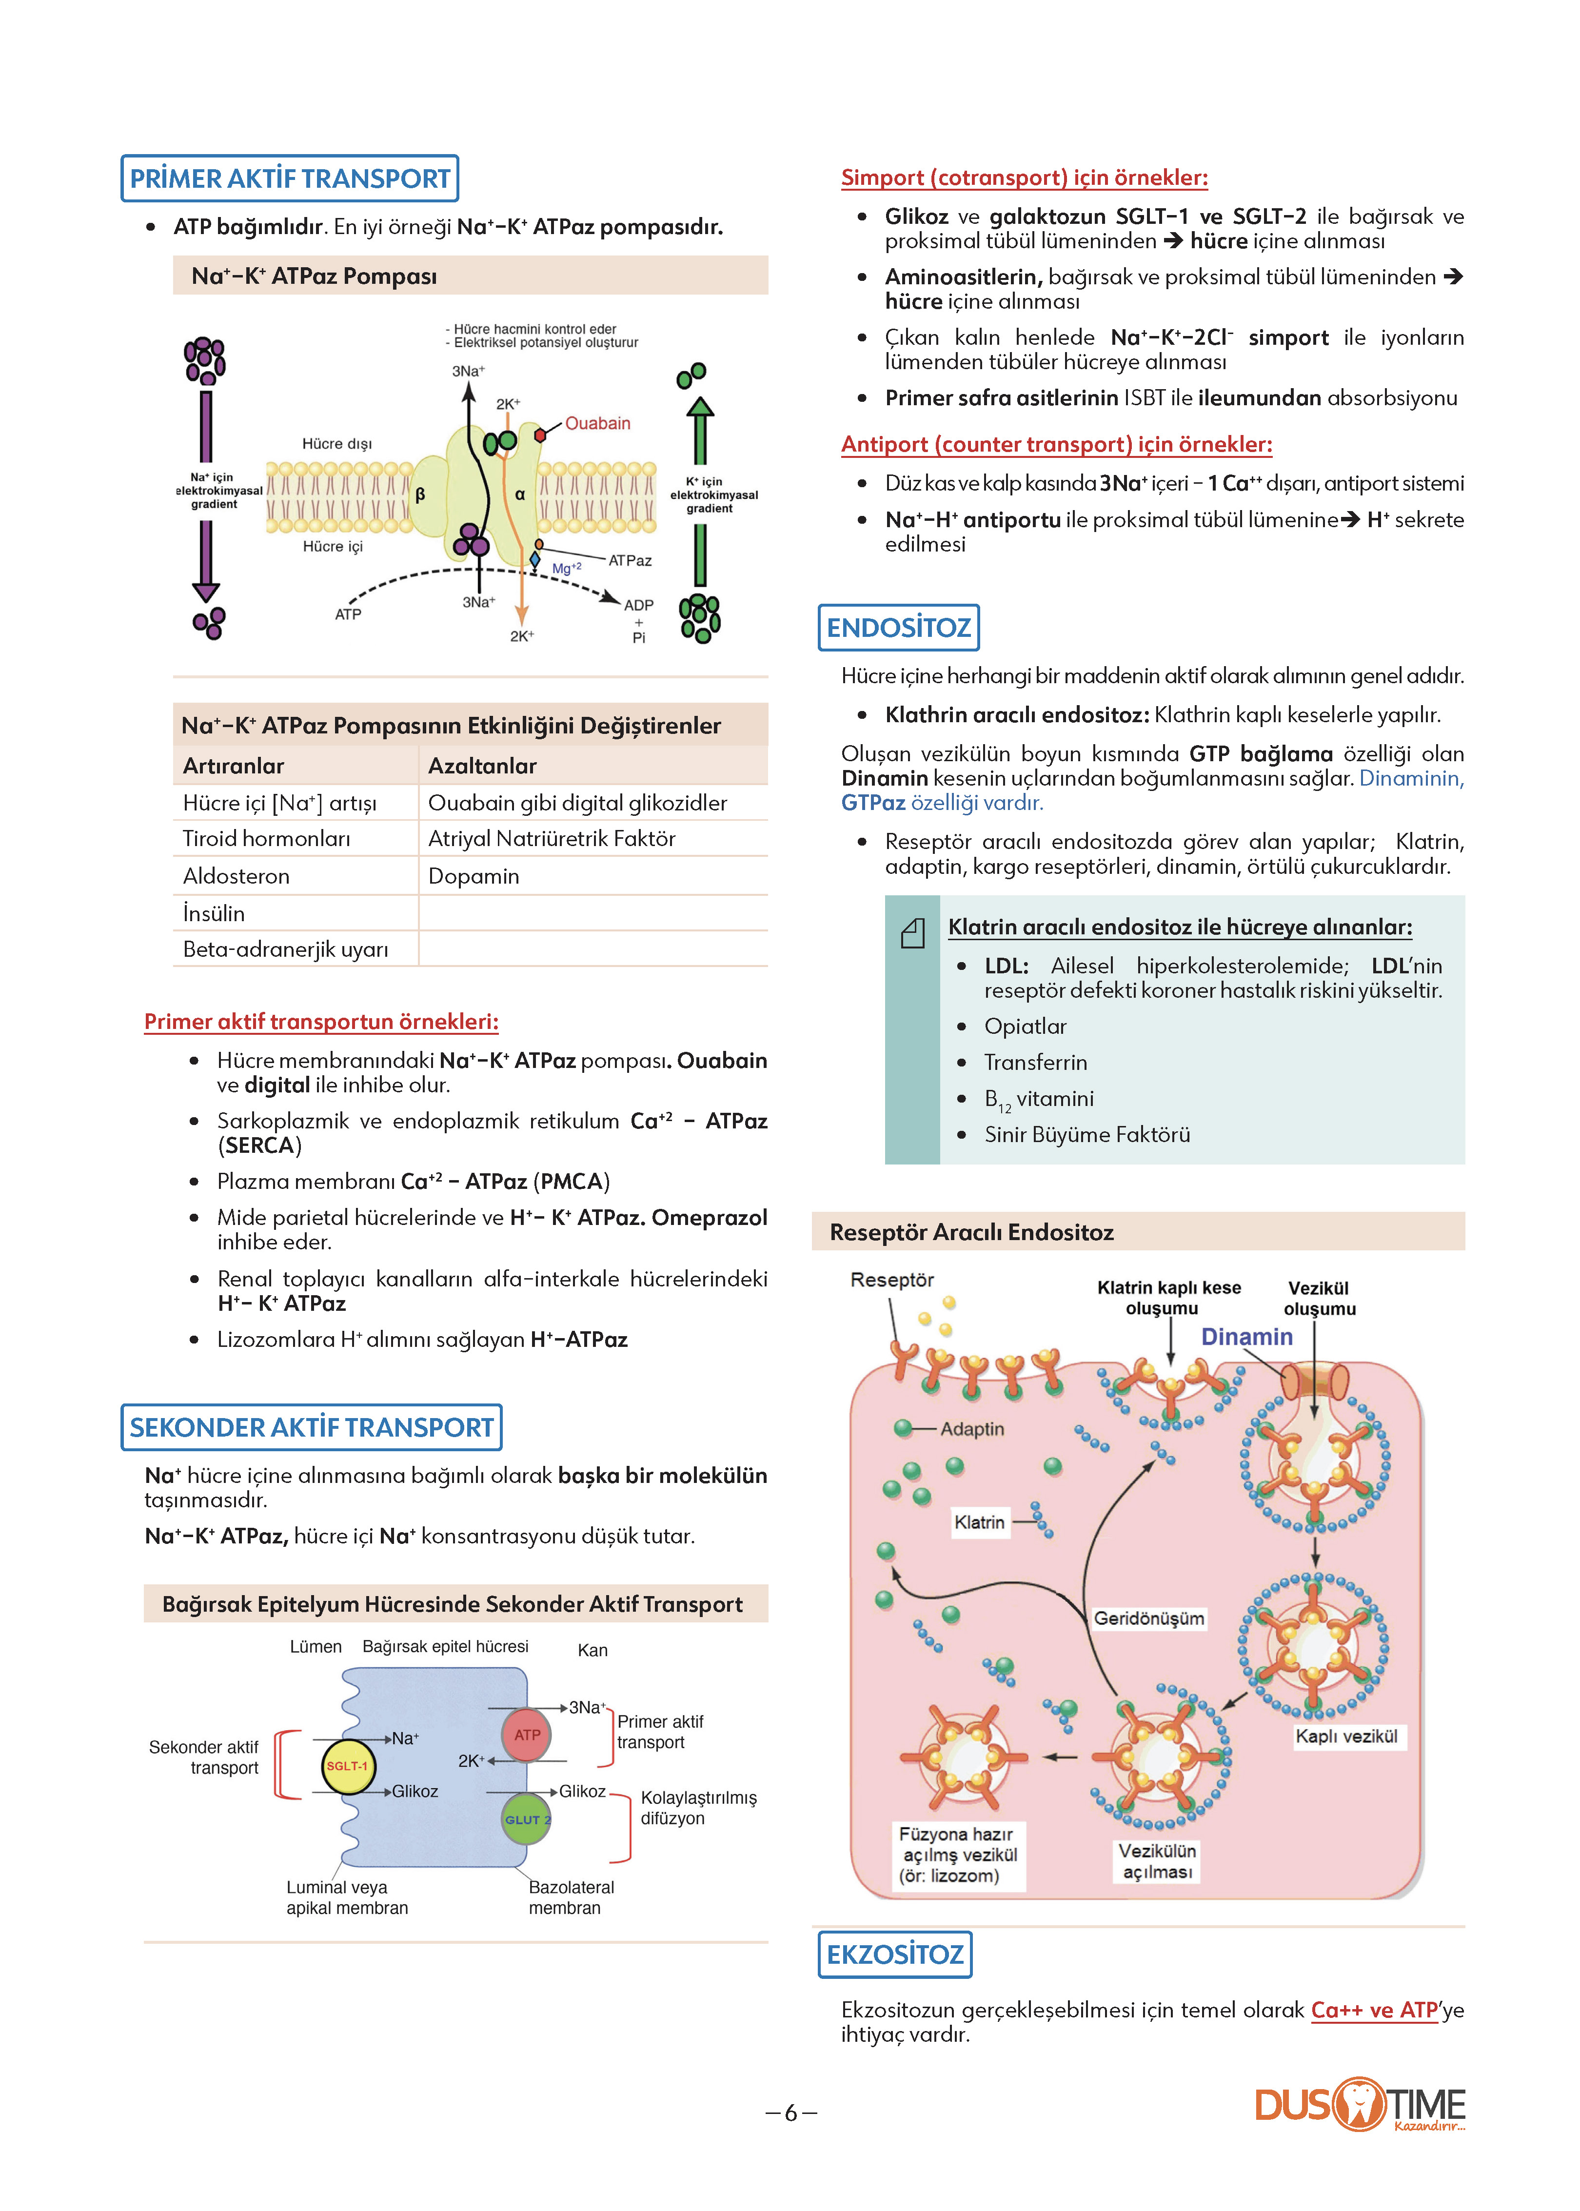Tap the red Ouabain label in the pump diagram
[x=597, y=423]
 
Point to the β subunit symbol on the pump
[x=420, y=494]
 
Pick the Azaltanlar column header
[x=483, y=766]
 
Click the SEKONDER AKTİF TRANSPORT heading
[x=311, y=1427]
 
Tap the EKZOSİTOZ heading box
[x=895, y=1954]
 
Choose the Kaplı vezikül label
[x=1346, y=1737]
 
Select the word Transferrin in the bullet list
[x=1035, y=1062]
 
